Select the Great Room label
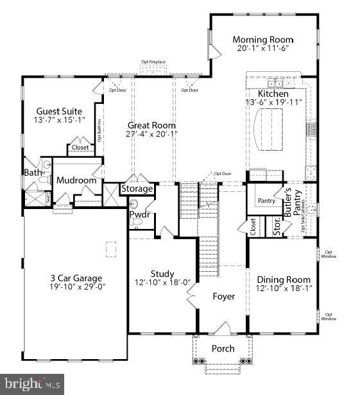[151, 125]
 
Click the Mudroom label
[76, 180]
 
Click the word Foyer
[224, 297]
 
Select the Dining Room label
[284, 280]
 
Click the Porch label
[223, 349]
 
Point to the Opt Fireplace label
[154, 62]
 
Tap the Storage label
[137, 189]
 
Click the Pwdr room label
[139, 214]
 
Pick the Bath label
[33, 172]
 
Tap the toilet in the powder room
[137, 223]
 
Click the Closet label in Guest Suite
[80, 147]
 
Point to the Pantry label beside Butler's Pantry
[267, 201]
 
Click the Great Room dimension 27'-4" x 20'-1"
[151, 134]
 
